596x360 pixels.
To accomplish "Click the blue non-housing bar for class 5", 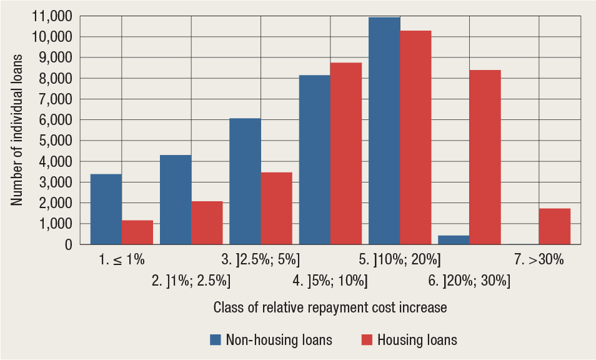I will [384, 131].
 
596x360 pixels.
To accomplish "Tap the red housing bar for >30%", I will [554, 226].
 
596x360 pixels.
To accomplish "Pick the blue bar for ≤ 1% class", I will [106, 209].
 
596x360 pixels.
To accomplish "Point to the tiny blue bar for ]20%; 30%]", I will [454, 240].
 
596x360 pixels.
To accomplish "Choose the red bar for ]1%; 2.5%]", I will [207, 222].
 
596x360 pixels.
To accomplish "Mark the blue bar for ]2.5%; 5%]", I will [245, 181].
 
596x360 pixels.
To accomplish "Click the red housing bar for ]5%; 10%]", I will [346, 153].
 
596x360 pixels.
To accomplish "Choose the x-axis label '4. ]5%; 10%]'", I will [330, 281].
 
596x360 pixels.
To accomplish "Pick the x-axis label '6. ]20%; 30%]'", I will [469, 281].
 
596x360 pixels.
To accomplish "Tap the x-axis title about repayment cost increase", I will [330, 307].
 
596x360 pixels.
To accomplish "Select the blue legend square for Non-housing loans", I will [216, 340].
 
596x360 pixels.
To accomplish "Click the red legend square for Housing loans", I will [367, 340].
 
